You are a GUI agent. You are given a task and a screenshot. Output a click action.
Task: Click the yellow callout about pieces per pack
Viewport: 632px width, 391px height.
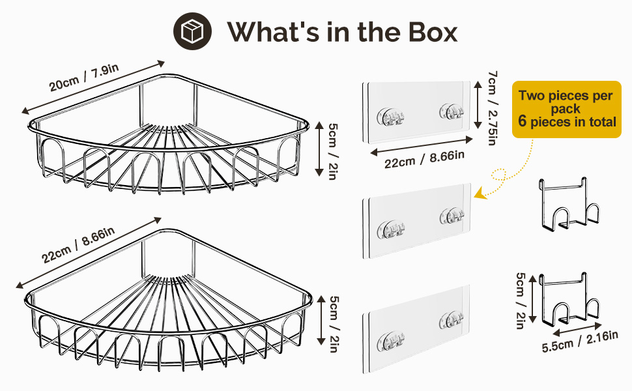pos(566,108)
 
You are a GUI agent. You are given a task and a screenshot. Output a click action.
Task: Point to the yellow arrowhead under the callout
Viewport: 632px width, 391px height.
pos(480,194)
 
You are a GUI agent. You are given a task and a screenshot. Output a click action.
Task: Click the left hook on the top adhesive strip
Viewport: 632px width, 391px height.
pos(391,117)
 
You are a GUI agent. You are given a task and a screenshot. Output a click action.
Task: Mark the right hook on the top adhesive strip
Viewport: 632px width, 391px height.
pos(451,112)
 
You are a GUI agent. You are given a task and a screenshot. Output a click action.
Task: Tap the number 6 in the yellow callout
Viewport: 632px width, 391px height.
pos(523,121)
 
